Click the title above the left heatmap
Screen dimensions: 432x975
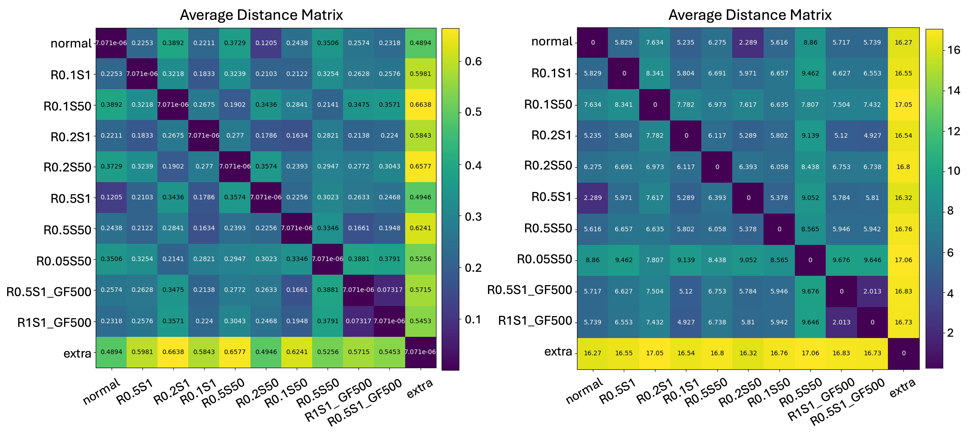click(261, 15)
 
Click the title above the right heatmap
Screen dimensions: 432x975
click(750, 15)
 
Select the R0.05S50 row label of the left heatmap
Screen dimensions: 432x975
click(64, 261)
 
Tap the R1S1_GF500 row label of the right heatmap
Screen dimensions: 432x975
click(535, 321)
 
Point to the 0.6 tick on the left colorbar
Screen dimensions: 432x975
click(473, 61)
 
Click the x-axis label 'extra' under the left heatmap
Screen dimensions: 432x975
click(419, 389)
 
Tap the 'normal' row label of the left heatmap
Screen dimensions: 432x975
click(71, 44)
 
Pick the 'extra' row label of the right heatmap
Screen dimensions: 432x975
click(558, 352)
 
